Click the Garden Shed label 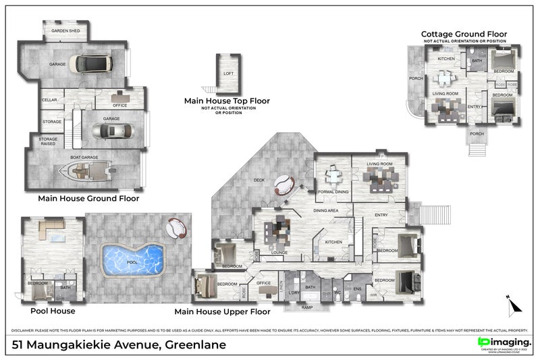click(x=65, y=31)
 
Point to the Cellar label click(x=49, y=100)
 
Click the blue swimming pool click(x=132, y=259)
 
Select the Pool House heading click(x=53, y=311)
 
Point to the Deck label click(x=259, y=180)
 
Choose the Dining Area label click(x=325, y=211)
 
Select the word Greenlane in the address click(x=192, y=345)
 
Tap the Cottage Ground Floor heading click(x=464, y=34)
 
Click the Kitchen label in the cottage click(x=446, y=59)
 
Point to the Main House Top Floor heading click(x=227, y=101)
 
